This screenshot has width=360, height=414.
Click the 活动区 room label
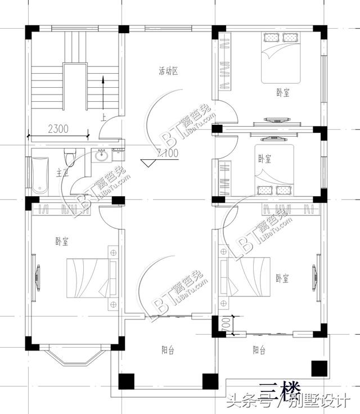pyautogui.click(x=168, y=71)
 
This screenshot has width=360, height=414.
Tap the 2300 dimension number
pyautogui.click(x=58, y=128)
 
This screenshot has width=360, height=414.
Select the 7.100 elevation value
pyautogui.click(x=169, y=153)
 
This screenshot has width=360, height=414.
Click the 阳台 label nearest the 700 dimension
pyautogui.click(x=259, y=350)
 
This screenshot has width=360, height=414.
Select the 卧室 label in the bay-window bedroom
pyautogui.click(x=62, y=242)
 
